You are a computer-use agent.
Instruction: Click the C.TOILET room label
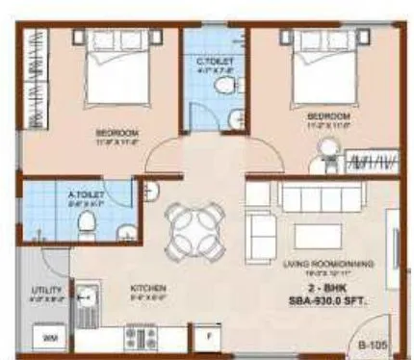click(215, 60)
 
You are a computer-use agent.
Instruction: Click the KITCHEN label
click(150, 288)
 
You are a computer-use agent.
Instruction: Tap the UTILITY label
click(47, 290)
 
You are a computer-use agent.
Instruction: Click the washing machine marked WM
click(47, 338)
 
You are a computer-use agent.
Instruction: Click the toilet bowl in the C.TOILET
click(227, 89)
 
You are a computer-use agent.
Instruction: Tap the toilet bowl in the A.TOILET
click(85, 223)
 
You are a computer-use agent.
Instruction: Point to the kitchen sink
click(88, 296)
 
